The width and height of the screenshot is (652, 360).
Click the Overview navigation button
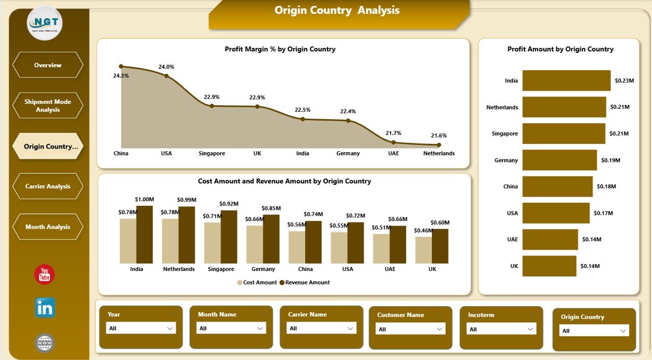coord(47,65)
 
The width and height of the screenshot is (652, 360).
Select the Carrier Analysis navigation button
coord(47,186)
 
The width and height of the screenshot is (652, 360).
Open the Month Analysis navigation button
coord(47,227)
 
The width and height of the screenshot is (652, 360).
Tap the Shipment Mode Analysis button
coord(47,106)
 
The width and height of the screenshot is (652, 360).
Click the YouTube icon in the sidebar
coord(44,274)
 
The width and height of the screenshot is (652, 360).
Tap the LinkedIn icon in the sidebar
coord(45,308)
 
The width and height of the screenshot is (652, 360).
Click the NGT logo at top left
coord(45,23)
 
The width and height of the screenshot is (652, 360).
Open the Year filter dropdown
coord(141,328)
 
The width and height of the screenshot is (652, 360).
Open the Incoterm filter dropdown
coord(502,329)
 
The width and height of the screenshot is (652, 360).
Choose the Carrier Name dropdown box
coord(321,328)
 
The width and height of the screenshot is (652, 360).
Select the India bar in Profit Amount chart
coord(566,80)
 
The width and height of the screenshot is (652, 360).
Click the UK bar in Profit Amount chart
coord(549,266)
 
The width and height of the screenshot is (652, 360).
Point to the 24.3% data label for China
coord(121,76)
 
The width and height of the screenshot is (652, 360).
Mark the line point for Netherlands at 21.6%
coord(439,145)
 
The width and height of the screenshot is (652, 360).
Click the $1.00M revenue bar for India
coord(144,234)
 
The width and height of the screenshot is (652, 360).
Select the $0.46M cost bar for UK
coord(423,250)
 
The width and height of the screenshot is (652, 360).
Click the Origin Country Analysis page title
coord(337,11)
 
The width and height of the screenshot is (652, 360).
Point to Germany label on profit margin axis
coord(348,153)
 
